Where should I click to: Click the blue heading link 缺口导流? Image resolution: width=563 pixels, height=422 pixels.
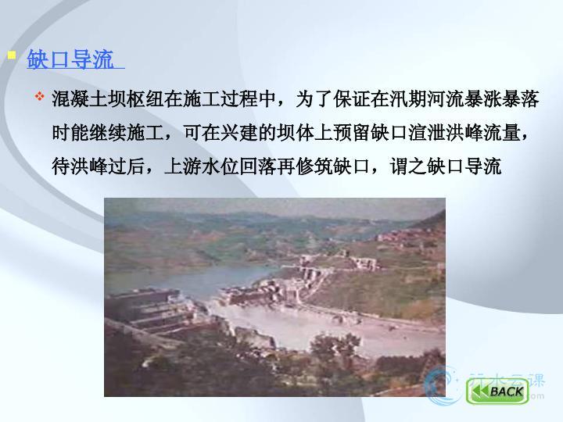click(x=70, y=59)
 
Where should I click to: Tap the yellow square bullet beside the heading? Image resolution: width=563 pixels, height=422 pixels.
click(x=12, y=55)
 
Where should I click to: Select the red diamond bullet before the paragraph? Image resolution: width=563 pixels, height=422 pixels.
click(x=40, y=96)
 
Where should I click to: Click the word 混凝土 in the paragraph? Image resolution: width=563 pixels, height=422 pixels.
click(x=80, y=99)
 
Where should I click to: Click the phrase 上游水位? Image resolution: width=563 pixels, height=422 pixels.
click(x=202, y=166)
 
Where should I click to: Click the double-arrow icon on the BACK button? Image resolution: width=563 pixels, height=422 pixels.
click(x=480, y=392)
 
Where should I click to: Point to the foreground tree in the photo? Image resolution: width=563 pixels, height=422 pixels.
click(x=335, y=346)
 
